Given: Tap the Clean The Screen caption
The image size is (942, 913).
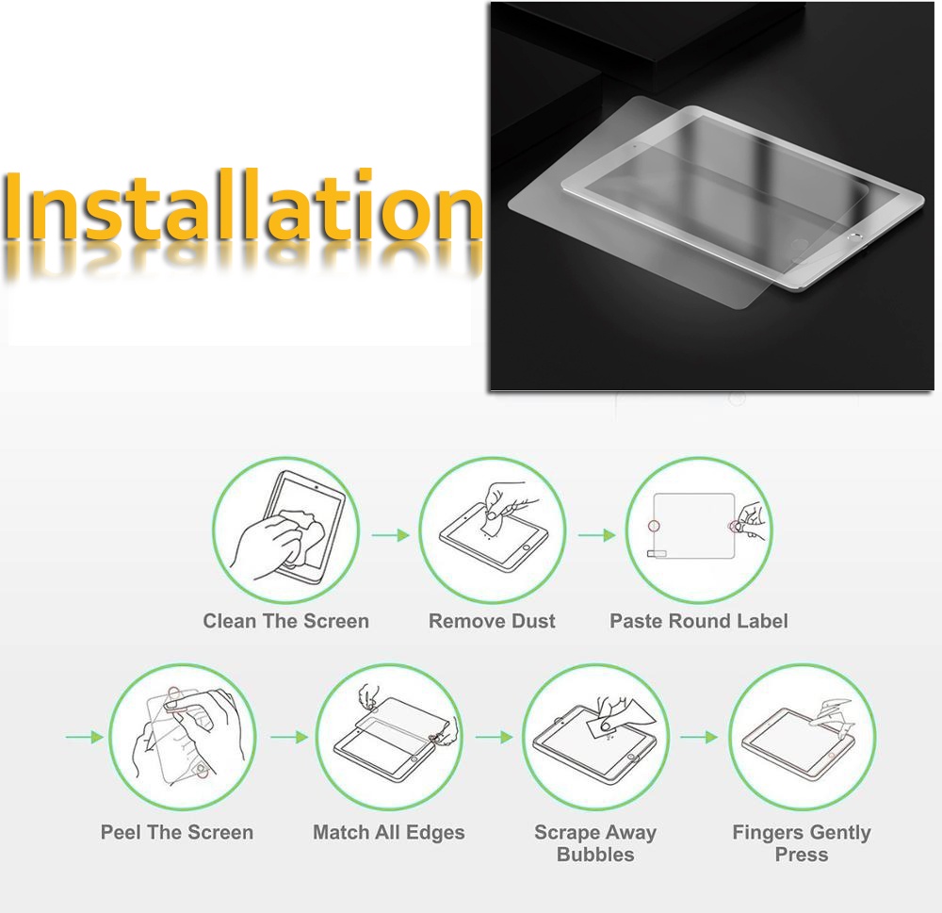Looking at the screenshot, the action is coord(286,621).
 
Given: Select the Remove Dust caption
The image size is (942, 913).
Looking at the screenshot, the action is coord(492,621).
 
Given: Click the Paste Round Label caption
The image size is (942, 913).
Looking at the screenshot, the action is coord(699,621).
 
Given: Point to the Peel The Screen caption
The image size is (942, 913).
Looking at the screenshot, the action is coord(177,833).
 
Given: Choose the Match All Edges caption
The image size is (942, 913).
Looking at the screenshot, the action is coord(389,833).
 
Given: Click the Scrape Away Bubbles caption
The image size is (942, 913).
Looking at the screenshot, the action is coord(595,843).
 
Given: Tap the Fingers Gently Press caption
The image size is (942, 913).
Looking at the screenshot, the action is coord(802,843).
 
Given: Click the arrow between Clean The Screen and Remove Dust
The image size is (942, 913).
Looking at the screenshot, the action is coord(391,535).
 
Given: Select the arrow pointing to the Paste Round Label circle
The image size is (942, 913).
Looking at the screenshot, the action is coord(597,535).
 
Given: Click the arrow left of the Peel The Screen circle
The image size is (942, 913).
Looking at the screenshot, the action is coord(85,737).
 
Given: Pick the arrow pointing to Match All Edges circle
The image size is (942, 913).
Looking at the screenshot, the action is coord(289,737).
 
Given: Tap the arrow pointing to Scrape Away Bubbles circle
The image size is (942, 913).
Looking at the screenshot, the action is coord(495,737).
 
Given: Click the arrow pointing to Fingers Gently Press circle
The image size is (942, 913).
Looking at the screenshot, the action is coord(699,737).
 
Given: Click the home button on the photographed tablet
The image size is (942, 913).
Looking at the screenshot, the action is coord(853,237).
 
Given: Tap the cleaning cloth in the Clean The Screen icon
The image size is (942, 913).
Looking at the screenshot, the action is coord(300,535).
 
